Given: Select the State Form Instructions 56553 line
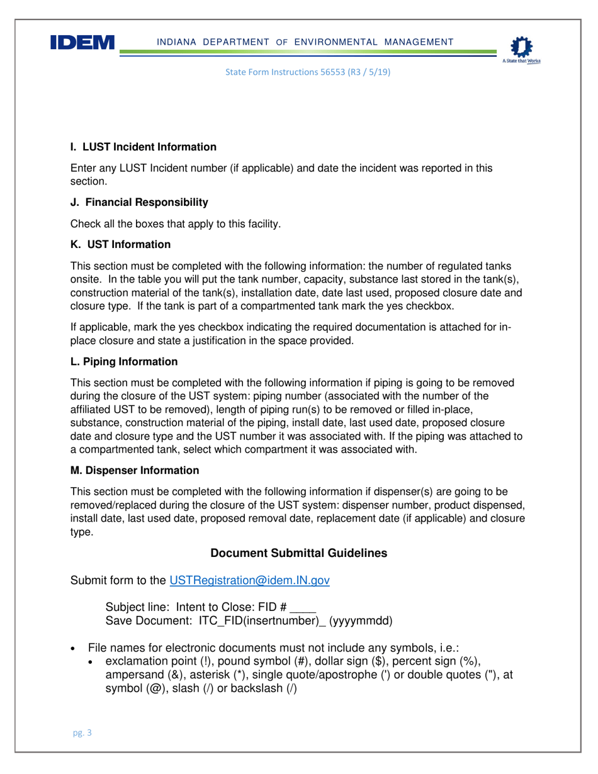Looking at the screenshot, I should (308, 72).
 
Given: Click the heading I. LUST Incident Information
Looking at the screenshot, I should (144, 147).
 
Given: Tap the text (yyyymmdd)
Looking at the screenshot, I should (361, 621).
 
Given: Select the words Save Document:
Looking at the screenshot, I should (149, 621).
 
